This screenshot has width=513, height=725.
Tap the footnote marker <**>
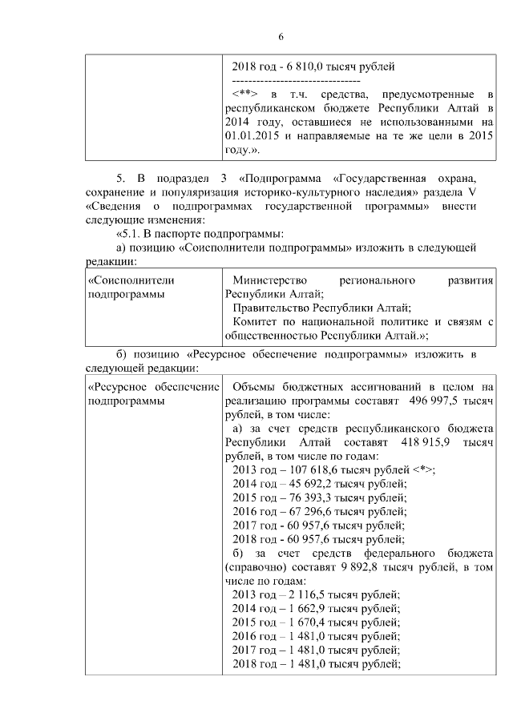[x=244, y=95]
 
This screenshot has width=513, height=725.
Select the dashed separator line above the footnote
[x=295, y=81]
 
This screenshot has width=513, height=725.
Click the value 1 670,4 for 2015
[x=305, y=622]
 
